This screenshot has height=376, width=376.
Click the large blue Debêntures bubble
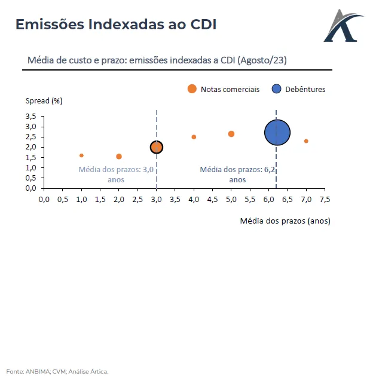pos(277,133)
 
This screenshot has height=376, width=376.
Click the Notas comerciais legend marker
pos(192,89)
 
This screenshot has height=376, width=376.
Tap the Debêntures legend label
pos(305,89)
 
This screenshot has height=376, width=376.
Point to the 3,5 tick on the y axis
pos(31,117)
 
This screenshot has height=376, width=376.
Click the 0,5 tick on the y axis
pos(31,178)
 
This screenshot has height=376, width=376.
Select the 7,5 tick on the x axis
pos(325,199)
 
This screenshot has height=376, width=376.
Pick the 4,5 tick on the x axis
pos(212,199)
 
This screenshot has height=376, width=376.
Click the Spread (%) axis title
pos(44,100)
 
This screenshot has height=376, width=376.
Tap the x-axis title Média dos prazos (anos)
pos(285,221)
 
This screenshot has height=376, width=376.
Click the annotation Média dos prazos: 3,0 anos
pos(117,174)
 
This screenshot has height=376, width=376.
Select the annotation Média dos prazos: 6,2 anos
pos(237,174)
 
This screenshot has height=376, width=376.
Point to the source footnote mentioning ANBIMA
pos(58,371)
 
